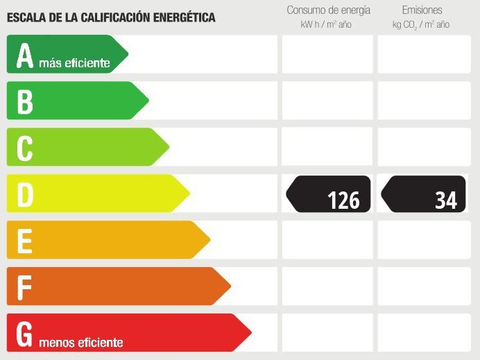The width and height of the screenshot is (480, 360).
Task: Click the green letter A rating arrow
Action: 66,54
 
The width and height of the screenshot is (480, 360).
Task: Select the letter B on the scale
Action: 25,101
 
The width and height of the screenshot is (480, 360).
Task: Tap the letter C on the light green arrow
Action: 25,147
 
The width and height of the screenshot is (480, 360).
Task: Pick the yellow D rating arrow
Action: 97,194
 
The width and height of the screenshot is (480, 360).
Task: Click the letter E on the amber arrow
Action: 25,241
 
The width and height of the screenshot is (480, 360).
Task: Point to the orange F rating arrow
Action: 118,286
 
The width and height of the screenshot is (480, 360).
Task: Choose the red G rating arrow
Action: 128,333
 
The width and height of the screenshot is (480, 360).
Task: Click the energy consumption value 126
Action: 343,200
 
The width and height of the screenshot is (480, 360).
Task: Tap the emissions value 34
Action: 446,200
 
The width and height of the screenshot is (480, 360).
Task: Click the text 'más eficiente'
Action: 74,64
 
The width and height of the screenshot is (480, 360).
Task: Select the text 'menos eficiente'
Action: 81,343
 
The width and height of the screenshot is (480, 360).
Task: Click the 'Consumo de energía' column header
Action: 328,10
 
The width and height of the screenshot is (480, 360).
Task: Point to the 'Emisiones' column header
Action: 422,10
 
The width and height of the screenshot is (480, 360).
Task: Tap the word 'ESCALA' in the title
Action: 26,17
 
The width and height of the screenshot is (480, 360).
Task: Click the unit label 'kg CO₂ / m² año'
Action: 421,25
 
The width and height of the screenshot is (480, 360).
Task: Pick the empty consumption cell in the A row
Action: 327,54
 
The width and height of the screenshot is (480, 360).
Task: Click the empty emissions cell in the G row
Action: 424,333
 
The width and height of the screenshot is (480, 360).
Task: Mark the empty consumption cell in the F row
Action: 327,286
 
